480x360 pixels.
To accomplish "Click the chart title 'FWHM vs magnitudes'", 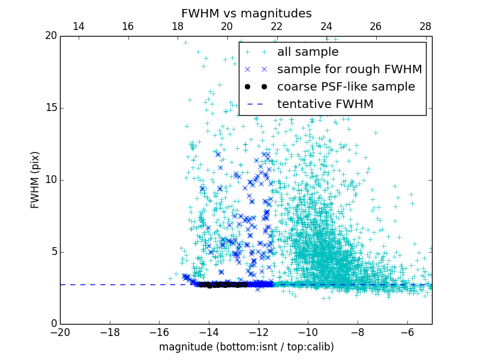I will click(246, 13).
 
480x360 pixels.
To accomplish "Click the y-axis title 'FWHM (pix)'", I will click(35, 179).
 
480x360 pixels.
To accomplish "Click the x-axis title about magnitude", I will click(246, 347).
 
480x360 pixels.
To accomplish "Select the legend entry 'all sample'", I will click(308, 52).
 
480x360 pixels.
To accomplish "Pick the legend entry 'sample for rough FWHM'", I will click(349, 70).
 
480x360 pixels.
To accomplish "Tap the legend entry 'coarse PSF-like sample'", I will click(346, 87).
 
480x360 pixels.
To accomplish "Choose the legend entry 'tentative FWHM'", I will click(325, 104).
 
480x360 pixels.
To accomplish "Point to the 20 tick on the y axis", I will click(50, 36).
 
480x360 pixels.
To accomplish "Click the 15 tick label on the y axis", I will click(50, 108).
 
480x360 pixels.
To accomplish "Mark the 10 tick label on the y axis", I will click(50, 180).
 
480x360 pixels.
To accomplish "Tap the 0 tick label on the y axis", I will click(53, 324).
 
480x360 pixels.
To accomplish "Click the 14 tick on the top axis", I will click(78, 26).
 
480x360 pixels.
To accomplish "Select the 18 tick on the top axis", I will click(178, 26).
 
